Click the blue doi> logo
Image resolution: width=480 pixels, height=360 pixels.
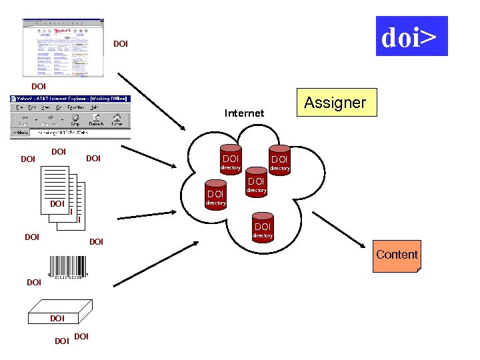click(x=411, y=36)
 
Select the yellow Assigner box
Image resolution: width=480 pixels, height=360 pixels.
click(x=336, y=103)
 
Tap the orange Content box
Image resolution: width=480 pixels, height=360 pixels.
click(x=397, y=256)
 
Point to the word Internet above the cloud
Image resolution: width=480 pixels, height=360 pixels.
click(x=244, y=113)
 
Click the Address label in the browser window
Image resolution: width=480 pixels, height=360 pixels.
click(x=20, y=132)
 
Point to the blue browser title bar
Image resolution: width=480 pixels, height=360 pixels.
click(x=70, y=99)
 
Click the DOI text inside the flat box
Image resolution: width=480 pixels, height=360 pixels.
click(x=57, y=319)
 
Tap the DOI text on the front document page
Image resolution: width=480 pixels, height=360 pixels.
click(x=57, y=203)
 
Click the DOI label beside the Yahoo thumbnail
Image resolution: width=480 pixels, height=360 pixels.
click(x=120, y=44)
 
